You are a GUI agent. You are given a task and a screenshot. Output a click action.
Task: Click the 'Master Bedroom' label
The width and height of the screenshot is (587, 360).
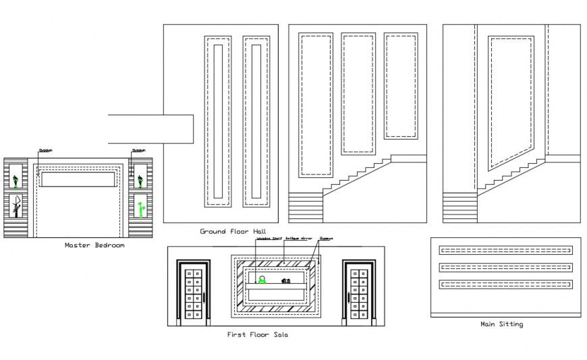coord(94,245)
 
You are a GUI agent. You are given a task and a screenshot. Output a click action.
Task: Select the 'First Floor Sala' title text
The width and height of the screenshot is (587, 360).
coord(258,334)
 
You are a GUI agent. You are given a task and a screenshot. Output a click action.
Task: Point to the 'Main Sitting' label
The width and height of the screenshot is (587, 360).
coord(501,324)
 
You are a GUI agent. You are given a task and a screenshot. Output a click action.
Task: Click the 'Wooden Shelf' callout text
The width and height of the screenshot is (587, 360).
coord(268,239)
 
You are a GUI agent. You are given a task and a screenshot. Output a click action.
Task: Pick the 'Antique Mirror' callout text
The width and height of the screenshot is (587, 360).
coord(297,239)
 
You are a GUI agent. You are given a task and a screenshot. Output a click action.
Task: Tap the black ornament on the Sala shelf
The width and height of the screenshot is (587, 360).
coord(285,280)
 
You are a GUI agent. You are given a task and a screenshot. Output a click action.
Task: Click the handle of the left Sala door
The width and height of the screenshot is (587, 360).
coord(204,297)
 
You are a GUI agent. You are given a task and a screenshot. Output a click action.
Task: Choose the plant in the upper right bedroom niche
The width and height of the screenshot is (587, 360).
coord(140,180)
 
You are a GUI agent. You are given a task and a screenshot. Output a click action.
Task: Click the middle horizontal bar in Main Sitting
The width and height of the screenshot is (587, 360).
coord(505,268)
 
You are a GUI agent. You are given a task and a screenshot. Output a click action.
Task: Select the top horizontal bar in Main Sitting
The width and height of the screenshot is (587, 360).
coord(505,250)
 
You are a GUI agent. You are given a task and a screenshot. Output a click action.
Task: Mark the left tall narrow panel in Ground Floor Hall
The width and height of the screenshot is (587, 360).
coord(217,121)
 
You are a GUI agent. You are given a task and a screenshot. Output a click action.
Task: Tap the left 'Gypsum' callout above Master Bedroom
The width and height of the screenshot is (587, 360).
coord(45,150)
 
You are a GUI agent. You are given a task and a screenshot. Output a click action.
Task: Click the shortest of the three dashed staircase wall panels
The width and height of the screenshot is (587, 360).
coord(401,86)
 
